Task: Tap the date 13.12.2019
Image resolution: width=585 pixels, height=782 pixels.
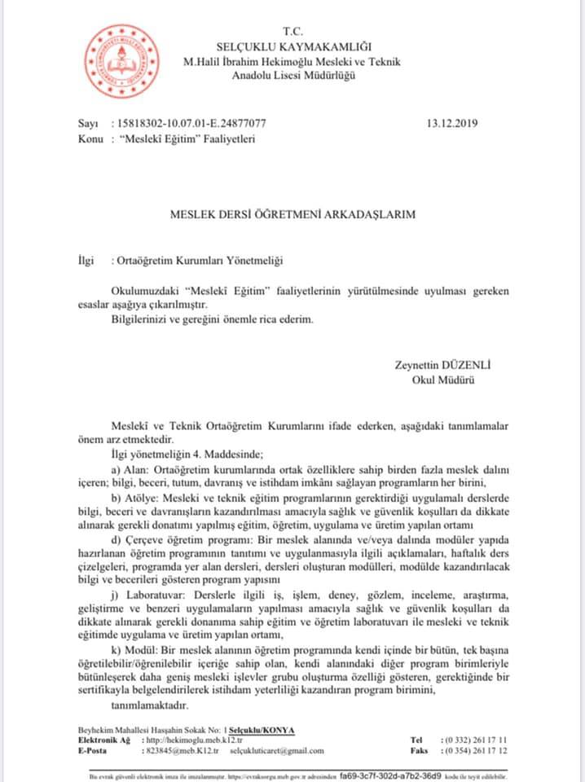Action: pos(451,124)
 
